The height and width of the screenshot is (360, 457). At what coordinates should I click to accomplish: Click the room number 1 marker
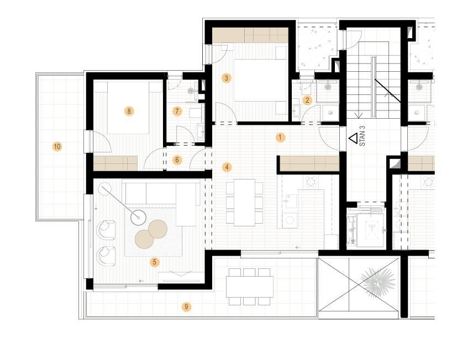pos(280,137)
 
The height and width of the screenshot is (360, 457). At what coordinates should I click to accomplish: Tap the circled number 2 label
pos(307,100)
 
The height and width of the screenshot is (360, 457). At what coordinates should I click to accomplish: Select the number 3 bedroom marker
pos(226,78)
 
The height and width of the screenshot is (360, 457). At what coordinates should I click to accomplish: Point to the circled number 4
pos(227,167)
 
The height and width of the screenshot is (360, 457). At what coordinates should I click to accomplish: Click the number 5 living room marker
pos(155,262)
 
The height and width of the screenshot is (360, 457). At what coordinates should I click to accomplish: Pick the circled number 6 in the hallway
pos(177,160)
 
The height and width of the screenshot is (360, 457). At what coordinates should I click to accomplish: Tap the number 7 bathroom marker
pos(177,112)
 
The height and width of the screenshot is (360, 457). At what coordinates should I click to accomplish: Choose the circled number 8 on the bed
pos(129,111)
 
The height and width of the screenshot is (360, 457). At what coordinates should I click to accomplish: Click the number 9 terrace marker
pos(186,306)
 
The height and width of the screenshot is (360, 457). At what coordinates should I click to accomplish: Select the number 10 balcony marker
pos(57,146)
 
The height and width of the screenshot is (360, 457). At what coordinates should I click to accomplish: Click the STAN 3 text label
pos(363,136)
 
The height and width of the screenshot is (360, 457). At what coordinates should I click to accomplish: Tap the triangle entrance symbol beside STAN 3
pos(354,138)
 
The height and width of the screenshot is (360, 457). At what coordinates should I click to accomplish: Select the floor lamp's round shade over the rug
pos(138,218)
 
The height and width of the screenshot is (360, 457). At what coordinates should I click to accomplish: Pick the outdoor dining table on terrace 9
pos(250,287)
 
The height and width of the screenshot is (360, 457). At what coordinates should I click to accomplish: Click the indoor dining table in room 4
pos(245,203)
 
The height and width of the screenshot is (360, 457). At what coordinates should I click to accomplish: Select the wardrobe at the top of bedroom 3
pos(250,35)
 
